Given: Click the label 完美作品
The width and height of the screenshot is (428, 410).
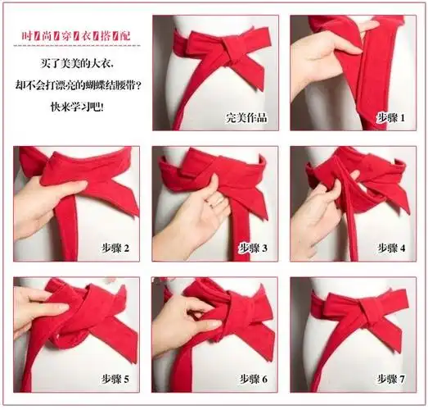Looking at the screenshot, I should (246, 116).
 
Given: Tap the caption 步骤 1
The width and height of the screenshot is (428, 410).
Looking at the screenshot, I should (390, 116).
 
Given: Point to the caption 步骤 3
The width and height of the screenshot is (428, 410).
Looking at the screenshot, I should (254, 247).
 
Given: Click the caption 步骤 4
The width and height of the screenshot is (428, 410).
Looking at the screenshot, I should (391, 247).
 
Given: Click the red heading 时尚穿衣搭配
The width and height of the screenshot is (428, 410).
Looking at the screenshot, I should (79, 36).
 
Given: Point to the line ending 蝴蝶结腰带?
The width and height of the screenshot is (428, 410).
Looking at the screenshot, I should (79, 84).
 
